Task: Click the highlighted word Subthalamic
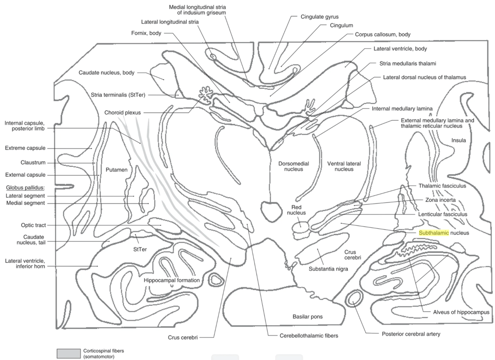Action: pyautogui.click(x=434, y=232)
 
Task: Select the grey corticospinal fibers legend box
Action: pyautogui.click(x=68, y=353)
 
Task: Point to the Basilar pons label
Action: pyautogui.click(x=307, y=316)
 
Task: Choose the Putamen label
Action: pyautogui.click(x=116, y=170)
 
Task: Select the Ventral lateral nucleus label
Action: pyautogui.click(x=340, y=166)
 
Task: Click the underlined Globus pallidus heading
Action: pyautogui.click(x=25, y=187)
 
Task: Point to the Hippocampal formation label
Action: pyautogui.click(x=172, y=280)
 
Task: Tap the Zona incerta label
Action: pyautogui.click(x=437, y=200)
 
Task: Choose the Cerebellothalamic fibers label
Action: pyautogui.click(x=303, y=336)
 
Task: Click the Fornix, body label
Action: pyautogui.click(x=146, y=33)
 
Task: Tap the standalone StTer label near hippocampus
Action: pyautogui.click(x=140, y=249)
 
